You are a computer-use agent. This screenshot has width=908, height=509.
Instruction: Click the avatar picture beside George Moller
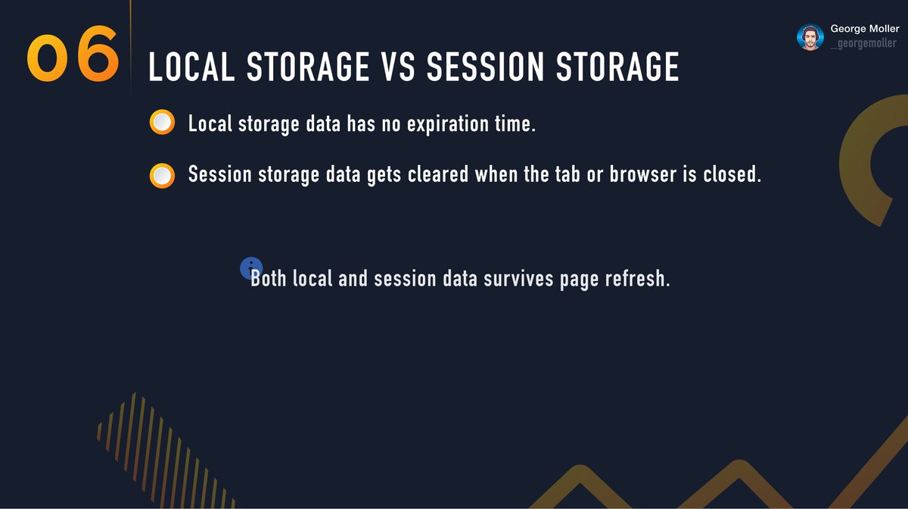[810, 37]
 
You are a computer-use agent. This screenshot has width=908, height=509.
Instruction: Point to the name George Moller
[864, 28]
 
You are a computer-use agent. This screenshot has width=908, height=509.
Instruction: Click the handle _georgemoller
[863, 44]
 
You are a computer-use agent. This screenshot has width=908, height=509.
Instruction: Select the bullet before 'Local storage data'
[162, 123]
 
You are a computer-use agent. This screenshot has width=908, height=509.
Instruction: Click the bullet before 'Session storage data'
[162, 175]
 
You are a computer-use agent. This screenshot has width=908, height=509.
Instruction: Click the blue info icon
[250, 267]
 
